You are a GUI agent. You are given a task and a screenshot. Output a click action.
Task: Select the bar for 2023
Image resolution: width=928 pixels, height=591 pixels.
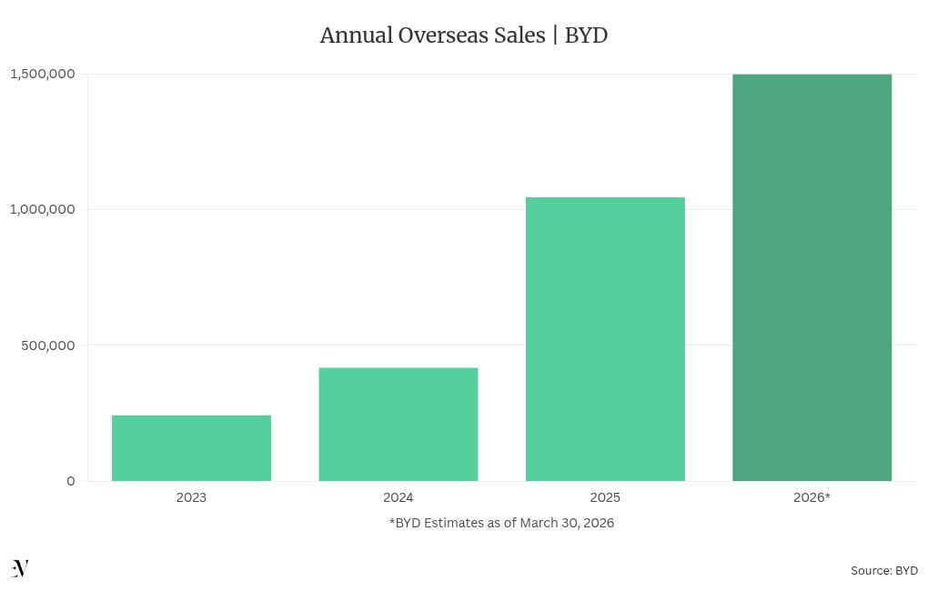tap(191, 447)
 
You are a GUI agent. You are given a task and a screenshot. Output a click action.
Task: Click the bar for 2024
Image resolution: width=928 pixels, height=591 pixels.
tap(398, 424)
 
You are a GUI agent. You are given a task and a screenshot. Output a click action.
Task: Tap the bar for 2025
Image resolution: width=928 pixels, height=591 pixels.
tap(605, 338)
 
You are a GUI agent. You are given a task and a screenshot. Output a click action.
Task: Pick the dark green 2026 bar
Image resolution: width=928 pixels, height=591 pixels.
tap(812, 277)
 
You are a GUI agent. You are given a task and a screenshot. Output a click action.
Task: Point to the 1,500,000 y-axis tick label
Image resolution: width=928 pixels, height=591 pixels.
tap(42, 74)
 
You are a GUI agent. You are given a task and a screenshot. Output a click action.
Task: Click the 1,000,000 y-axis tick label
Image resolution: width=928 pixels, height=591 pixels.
tap(42, 209)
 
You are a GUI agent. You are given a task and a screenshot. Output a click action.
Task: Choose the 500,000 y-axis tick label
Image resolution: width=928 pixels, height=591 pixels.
tap(49, 346)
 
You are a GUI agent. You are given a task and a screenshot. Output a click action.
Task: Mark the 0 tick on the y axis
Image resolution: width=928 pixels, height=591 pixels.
tap(71, 481)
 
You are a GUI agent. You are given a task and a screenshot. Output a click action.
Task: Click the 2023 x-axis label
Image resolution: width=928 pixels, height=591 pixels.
tap(191, 497)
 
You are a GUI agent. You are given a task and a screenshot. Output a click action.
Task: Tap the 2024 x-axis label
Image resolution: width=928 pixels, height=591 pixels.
tap(398, 497)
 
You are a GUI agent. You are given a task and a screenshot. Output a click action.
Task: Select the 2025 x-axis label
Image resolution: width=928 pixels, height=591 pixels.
tap(605, 497)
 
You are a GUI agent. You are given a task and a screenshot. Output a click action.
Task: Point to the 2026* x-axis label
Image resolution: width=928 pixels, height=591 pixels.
tap(812, 497)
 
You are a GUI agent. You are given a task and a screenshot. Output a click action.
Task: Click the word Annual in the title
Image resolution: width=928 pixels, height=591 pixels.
tap(356, 36)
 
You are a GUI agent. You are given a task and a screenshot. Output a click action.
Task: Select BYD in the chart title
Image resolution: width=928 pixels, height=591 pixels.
tap(586, 36)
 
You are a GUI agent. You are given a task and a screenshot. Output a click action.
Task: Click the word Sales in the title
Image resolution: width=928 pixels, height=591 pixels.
tap(519, 36)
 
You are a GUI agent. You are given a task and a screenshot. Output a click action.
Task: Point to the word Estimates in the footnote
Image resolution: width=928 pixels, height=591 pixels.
tap(458, 523)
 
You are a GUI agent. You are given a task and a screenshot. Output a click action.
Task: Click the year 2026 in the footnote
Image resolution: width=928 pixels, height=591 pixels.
tap(598, 523)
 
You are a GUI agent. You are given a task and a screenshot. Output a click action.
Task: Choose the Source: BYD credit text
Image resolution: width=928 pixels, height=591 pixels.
tap(883, 570)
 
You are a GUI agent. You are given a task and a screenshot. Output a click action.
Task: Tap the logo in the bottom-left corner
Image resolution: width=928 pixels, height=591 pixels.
tap(20, 568)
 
